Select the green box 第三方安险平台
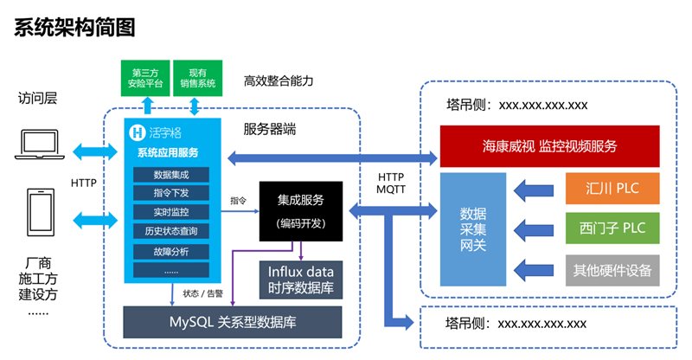pos(144,79)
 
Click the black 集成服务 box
pos(301,210)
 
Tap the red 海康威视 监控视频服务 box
pos(549,146)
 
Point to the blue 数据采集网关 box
pos(472,229)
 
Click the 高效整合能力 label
pos(278,81)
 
